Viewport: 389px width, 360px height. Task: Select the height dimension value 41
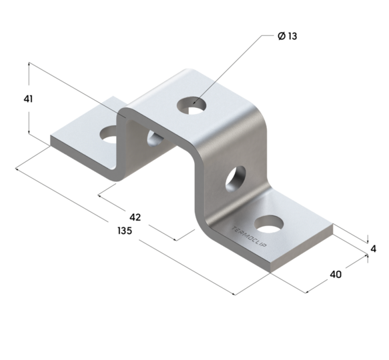(x=28, y=99)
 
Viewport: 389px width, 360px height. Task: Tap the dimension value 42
(x=135, y=217)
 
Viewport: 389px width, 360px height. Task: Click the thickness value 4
(x=374, y=249)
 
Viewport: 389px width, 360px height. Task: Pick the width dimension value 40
(x=336, y=274)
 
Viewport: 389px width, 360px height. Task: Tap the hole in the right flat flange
(x=268, y=223)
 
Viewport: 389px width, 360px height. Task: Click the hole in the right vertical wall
(x=234, y=178)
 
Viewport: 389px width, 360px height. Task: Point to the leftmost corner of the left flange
(x=51, y=140)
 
